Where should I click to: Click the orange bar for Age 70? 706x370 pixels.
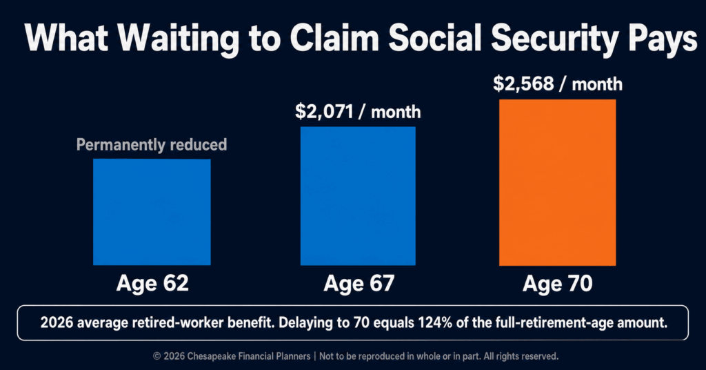tap(557, 182)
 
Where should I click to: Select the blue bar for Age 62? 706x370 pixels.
tap(152, 212)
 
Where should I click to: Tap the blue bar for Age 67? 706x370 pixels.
tap(358, 196)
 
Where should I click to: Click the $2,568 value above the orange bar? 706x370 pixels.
tap(523, 84)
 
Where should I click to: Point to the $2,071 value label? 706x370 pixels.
tap(324, 111)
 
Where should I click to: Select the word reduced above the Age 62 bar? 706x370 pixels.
tap(198, 145)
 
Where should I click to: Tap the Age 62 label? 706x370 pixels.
tap(152, 283)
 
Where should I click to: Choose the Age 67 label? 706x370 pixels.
tap(359, 284)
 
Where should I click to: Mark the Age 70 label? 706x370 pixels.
tap(557, 284)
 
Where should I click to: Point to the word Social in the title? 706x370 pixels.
tap(436, 37)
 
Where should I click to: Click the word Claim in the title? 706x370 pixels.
tap(334, 37)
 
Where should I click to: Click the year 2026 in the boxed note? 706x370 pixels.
tap(57, 322)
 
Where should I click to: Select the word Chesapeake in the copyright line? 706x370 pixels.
tap(211, 356)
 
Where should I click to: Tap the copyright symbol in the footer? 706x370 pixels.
tap(157, 356)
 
